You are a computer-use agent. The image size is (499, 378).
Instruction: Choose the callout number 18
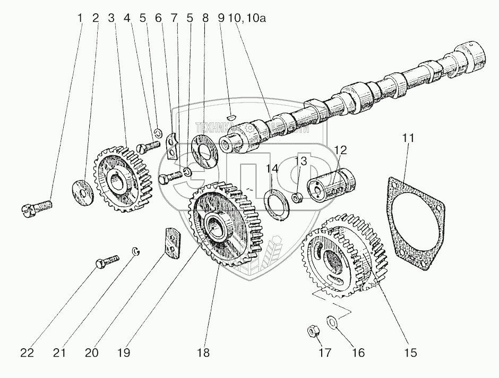(x=203, y=352)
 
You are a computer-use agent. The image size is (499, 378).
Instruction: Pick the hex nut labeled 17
(x=313, y=331)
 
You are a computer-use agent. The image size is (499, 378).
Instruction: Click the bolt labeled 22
(x=107, y=261)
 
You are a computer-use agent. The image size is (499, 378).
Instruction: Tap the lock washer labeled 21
(x=136, y=251)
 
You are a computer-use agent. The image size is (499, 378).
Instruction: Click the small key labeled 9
(x=230, y=113)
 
